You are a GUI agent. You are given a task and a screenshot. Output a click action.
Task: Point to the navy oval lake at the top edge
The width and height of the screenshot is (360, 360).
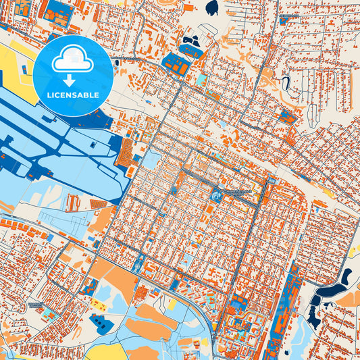(212, 7)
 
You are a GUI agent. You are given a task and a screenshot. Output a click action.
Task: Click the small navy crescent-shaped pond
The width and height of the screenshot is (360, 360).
(286, 84)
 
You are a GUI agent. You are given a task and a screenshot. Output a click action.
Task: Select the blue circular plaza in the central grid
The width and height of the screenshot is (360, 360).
(217, 196)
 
